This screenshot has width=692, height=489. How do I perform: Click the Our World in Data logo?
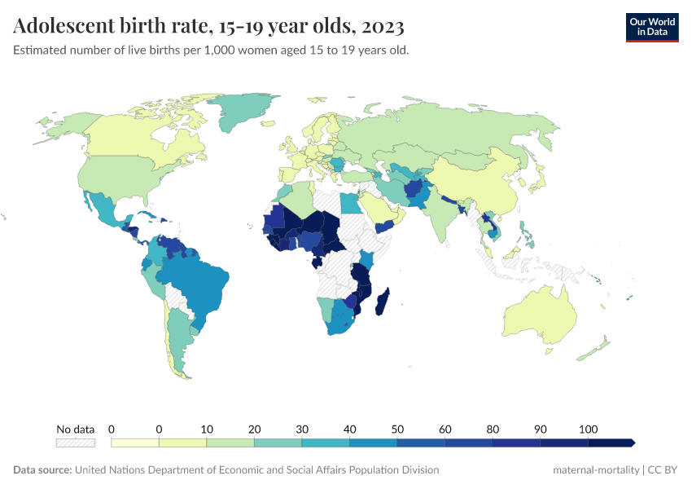click(651, 27)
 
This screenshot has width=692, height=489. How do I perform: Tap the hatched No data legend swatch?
click(75, 443)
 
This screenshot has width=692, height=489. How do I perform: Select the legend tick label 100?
click(589, 429)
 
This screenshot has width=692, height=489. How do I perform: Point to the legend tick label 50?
click(397, 429)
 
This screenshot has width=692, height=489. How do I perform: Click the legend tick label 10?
click(207, 429)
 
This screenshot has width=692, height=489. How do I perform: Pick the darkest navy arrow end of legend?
click(612, 443)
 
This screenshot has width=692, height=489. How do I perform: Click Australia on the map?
click(541, 315)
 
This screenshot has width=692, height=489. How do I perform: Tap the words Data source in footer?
click(42, 470)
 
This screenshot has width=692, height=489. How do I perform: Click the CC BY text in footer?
click(663, 470)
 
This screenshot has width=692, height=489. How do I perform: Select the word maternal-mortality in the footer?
click(595, 470)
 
